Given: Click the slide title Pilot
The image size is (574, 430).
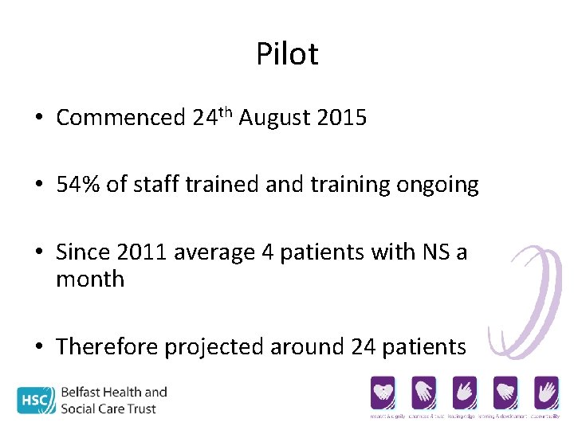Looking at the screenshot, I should click(287, 54).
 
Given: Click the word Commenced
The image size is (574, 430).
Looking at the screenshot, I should click(120, 118).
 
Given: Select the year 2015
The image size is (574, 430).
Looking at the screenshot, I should click(341, 118).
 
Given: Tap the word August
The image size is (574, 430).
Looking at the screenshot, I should click(274, 118).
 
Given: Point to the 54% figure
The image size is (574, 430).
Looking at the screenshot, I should click(73, 186).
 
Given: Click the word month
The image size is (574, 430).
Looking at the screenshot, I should click(90, 279).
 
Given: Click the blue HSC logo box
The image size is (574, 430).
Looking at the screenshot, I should click(37, 399).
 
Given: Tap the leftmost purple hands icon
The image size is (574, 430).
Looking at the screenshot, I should click(383, 392).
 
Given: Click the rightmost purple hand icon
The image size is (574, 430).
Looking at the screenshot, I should click(545, 392).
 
